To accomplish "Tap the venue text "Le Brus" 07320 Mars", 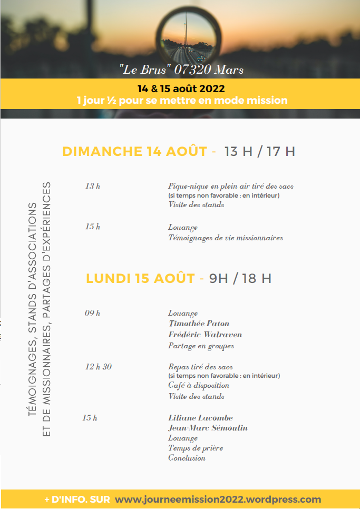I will tap(181, 70).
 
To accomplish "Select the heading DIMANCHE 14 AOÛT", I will tap(135, 152).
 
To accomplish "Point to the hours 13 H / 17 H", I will tap(259, 152).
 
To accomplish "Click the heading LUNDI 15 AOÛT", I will tap(140, 278).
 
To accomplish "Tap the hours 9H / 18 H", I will tap(240, 278).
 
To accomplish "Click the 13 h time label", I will tap(93, 186).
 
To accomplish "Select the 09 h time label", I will tap(93, 313).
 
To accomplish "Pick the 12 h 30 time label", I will tap(99, 367).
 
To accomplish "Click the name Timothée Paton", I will tap(199, 324).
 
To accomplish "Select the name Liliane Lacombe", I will tap(200, 418).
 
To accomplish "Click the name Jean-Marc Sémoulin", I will tap(208, 428).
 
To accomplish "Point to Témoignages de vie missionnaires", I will tap(226, 238).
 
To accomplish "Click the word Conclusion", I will tap(187, 458).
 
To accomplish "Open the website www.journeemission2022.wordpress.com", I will tap(218, 499).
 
